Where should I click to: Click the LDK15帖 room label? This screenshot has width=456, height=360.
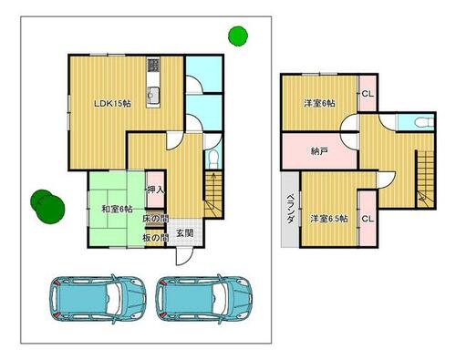(112, 104)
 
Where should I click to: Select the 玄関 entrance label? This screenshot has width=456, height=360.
(185, 233)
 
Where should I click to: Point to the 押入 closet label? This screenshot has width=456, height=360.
(155, 190)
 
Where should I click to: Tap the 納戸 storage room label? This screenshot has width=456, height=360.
(319, 151)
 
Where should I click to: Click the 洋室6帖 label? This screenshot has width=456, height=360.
(319, 103)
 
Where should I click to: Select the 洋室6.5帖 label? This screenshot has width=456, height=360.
(329, 219)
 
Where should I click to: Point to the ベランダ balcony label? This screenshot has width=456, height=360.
(291, 209)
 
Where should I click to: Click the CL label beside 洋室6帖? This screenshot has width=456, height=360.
(368, 94)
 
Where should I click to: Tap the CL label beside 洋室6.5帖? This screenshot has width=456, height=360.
(368, 219)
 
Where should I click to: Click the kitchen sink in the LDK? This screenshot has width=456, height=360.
(153, 95)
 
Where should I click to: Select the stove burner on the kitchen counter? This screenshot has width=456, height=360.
(153, 65)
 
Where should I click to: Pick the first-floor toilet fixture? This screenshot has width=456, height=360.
(214, 158)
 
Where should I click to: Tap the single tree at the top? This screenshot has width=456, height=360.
(238, 36)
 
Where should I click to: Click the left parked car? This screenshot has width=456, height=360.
(98, 299)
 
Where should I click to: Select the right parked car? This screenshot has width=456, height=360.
(204, 299)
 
